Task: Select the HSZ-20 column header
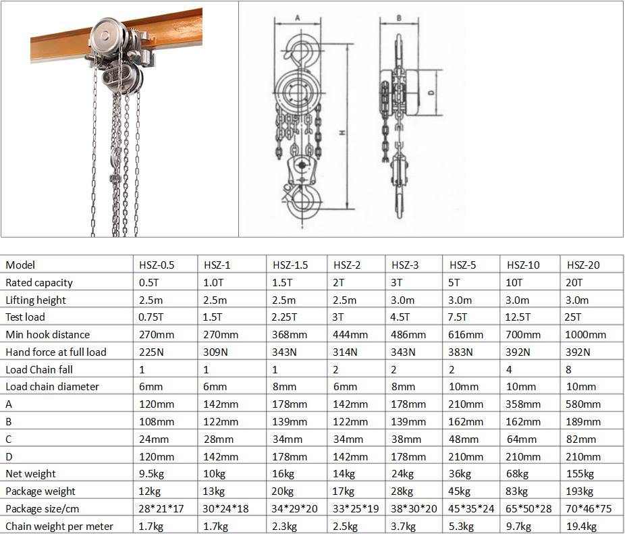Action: pos(583,265)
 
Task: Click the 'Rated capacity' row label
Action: pos(39,283)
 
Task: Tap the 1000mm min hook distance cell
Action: pos(586,335)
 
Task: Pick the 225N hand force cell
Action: pos(152,352)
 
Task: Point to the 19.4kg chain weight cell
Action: pos(581,526)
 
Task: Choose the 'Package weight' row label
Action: pos(40,491)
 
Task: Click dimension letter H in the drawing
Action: pos(342,134)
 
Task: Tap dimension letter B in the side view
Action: pos(399,18)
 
